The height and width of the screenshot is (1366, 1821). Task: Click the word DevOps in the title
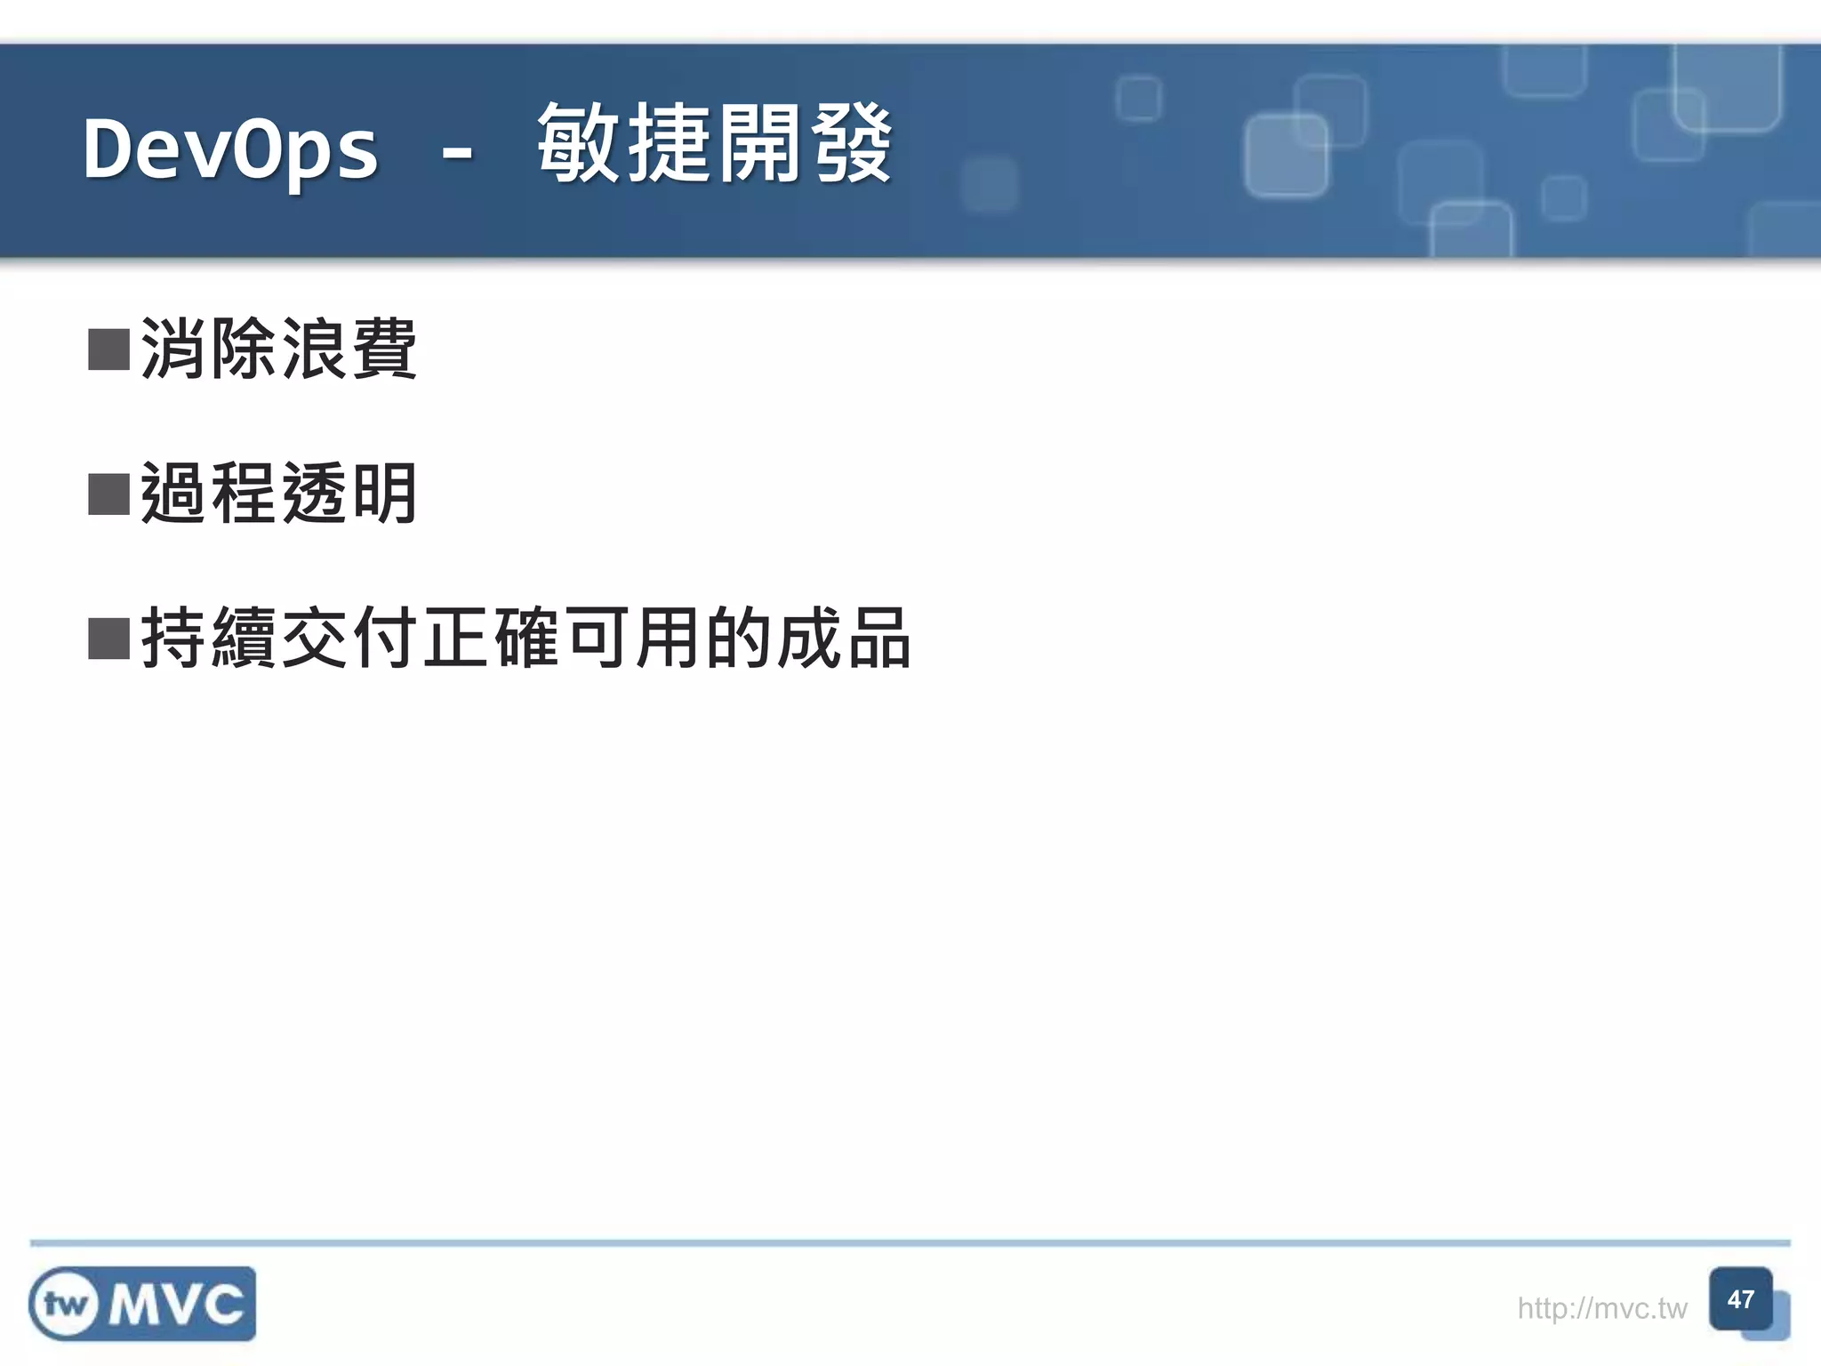(x=230, y=149)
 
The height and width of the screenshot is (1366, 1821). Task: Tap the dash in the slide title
(x=457, y=153)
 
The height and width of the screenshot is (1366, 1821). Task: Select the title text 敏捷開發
(x=714, y=144)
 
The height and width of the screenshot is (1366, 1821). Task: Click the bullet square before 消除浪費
(x=109, y=350)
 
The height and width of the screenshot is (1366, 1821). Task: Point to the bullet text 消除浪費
(x=278, y=349)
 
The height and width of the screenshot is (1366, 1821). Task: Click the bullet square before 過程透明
(x=109, y=494)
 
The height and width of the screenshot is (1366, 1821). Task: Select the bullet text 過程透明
(x=278, y=494)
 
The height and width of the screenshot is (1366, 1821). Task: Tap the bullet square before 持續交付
(x=109, y=638)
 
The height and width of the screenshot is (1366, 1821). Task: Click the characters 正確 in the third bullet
(x=492, y=638)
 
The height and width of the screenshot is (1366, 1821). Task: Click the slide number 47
(x=1740, y=1300)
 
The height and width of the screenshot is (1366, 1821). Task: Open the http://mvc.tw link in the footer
(x=1601, y=1308)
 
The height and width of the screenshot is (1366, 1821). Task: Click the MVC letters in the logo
(x=177, y=1305)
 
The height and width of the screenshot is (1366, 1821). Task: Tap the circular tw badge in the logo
(x=65, y=1305)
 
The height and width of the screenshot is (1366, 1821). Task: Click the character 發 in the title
(x=851, y=144)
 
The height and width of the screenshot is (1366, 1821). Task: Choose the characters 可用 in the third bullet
(x=633, y=638)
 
